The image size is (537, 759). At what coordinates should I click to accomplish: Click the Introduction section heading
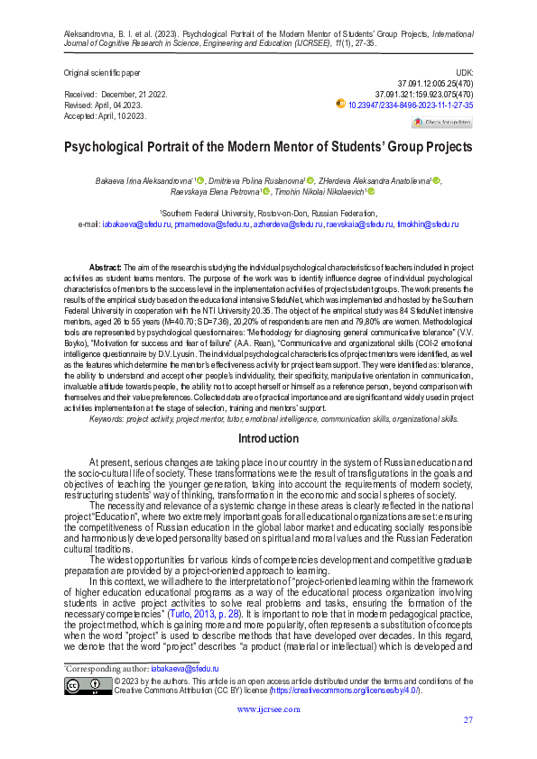[x=268, y=439]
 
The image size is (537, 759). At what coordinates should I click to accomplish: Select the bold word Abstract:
[x=105, y=269]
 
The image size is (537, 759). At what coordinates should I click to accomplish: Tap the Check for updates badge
[x=442, y=122]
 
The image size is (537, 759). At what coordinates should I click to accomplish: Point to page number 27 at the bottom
[x=468, y=719]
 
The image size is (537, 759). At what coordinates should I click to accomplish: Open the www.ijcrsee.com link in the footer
[x=268, y=709]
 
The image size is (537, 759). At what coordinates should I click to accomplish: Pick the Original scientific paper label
[x=101, y=71]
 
